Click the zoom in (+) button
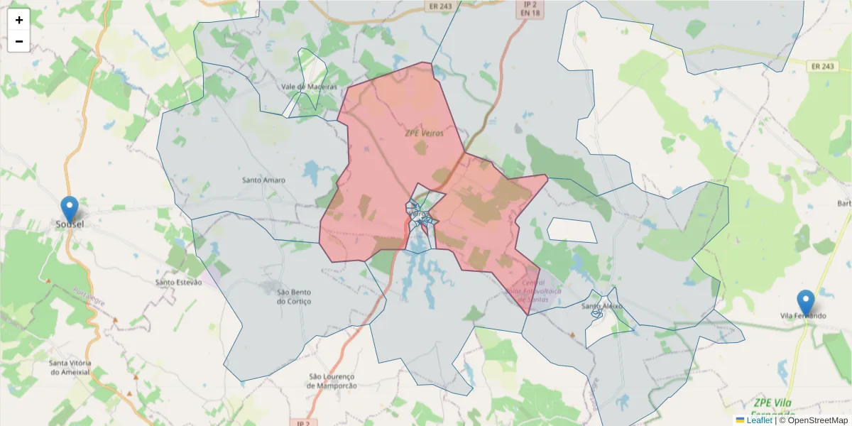19,20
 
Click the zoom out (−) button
19,41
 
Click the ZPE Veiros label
419,133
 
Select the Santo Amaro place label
263,180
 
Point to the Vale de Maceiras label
303,87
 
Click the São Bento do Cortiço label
294,297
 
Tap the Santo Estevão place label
178,283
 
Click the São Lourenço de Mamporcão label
332,381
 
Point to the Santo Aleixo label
602,306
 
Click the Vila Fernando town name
803,315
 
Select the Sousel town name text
70,224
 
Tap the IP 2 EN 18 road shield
526,8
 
